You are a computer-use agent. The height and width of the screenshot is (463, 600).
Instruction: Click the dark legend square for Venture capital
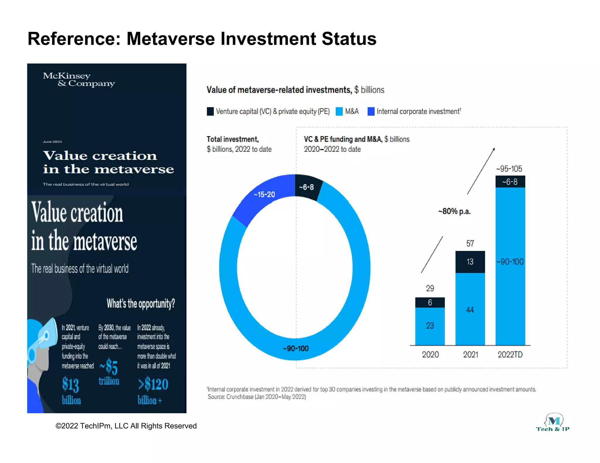[210, 112]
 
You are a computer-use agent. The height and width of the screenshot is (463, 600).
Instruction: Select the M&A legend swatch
[339, 112]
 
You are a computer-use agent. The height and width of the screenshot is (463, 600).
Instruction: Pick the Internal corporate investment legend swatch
[371, 112]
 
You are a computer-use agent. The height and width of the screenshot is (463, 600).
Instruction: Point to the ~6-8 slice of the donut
[306, 187]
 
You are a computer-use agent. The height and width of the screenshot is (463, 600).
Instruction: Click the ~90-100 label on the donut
[296, 349]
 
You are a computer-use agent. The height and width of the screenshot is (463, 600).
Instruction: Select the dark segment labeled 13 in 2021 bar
[470, 262]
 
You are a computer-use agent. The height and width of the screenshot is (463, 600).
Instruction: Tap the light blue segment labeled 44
[470, 310]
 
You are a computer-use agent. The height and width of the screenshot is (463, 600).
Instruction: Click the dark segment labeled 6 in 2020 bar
[430, 303]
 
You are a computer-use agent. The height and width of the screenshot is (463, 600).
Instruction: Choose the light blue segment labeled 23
[430, 326]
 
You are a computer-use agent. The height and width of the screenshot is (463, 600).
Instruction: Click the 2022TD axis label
[510, 355]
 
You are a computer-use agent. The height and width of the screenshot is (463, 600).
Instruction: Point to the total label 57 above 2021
[470, 243]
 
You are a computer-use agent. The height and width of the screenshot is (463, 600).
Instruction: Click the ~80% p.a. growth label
[454, 211]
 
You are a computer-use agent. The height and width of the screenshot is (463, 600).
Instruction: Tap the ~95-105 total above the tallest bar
[509, 169]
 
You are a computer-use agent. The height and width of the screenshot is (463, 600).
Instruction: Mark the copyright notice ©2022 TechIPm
[126, 426]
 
